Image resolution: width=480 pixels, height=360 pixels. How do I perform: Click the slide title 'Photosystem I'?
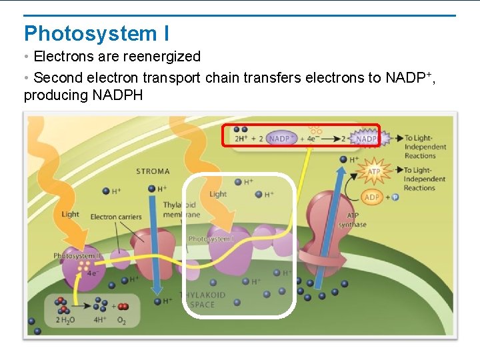click(x=97, y=33)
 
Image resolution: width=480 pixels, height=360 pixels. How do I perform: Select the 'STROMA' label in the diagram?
click(x=153, y=171)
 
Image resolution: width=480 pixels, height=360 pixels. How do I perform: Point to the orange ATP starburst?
click(x=374, y=172)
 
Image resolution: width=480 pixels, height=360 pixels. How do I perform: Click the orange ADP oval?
click(x=372, y=197)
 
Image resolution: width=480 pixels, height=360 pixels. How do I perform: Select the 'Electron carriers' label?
click(x=116, y=217)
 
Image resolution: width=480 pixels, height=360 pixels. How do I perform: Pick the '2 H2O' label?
click(x=66, y=321)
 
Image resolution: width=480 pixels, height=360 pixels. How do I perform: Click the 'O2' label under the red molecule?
click(x=121, y=321)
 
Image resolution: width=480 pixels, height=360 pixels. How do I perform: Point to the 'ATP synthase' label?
click(x=352, y=220)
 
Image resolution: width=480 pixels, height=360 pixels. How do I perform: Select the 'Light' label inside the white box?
click(x=218, y=194)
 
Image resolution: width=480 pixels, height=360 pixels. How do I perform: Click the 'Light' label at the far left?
click(x=70, y=214)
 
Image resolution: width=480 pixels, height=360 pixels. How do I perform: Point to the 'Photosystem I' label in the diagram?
click(x=211, y=239)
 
